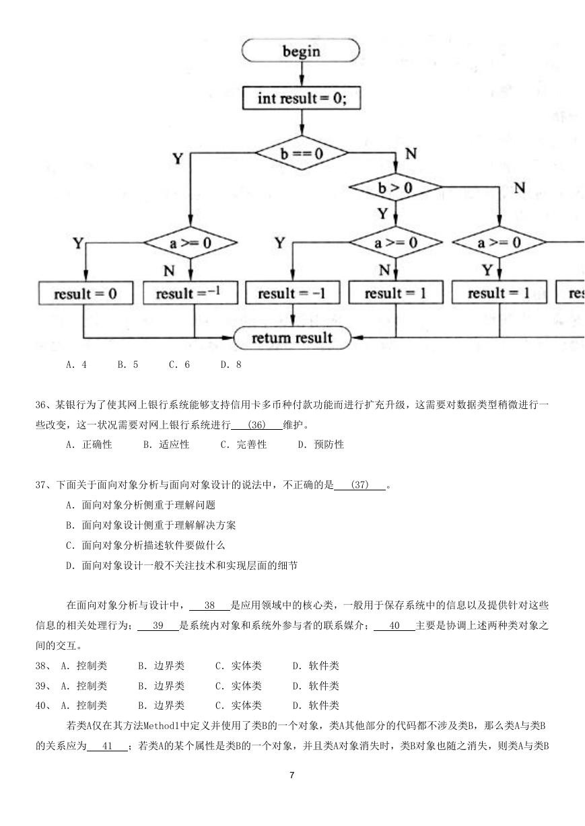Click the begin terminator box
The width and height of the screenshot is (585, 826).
(x=301, y=50)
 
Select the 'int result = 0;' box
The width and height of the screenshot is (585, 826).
(x=302, y=98)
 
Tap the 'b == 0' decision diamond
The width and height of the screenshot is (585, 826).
(x=302, y=153)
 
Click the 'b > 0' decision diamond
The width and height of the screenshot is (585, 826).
(x=395, y=187)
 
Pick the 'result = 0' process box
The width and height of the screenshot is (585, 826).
(x=85, y=293)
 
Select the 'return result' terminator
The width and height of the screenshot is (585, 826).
(x=292, y=338)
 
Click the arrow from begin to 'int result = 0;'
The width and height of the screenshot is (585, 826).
(x=302, y=74)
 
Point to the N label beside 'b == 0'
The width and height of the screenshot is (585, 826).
(x=411, y=153)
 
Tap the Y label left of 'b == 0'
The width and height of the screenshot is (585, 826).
(x=178, y=159)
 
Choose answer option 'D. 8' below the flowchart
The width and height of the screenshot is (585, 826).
(x=231, y=365)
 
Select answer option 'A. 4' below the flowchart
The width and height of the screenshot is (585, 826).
(x=76, y=365)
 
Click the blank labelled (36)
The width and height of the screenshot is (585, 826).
(x=256, y=425)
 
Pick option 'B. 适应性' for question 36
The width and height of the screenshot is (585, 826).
(x=166, y=445)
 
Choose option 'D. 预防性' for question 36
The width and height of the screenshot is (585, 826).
(x=320, y=445)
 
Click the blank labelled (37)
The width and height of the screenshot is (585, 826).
(x=359, y=484)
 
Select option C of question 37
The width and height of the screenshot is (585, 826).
(x=145, y=545)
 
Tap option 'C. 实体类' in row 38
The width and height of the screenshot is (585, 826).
(x=238, y=666)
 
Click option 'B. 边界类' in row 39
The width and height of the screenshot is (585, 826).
(x=162, y=685)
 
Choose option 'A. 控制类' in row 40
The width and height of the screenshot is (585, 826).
(x=83, y=706)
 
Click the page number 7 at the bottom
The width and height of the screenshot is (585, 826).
(x=292, y=775)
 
